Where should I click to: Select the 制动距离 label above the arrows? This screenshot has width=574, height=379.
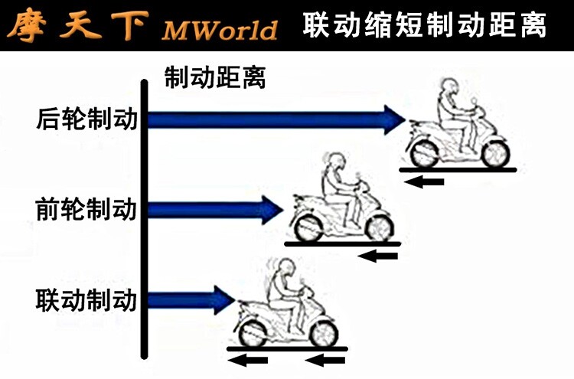pos(215,77)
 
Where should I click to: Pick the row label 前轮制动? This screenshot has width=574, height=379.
pos(86,208)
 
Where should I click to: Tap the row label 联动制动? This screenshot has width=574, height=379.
pos(86,299)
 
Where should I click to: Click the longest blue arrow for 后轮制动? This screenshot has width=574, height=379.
pos(276,119)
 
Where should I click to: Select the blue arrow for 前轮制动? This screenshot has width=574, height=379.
pos(214,209)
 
